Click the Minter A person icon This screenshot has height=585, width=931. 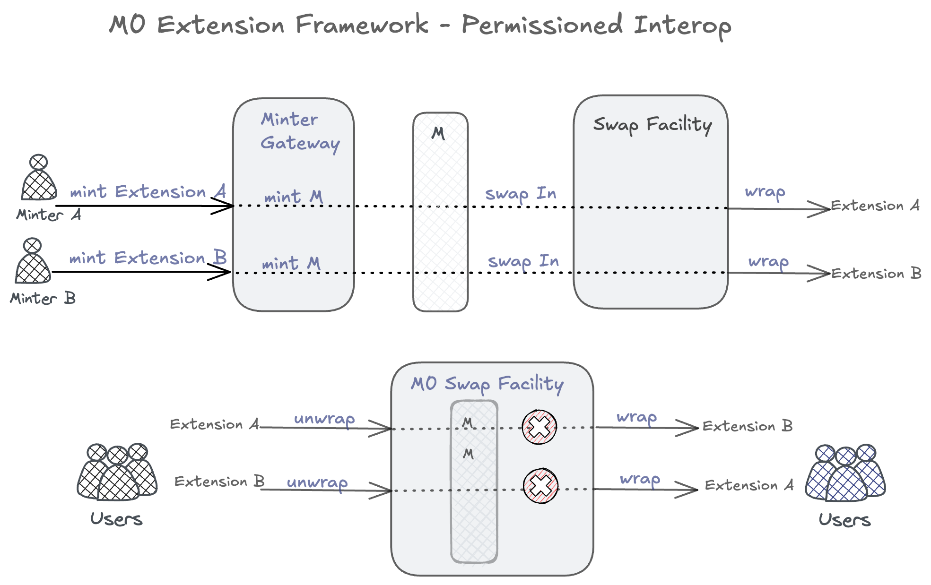39,178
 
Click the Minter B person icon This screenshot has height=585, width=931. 33,262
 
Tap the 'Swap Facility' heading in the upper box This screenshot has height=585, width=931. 652,125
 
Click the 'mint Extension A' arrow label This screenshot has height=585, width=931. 148,192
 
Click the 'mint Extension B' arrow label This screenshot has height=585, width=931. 148,258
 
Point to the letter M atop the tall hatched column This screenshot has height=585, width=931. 438,134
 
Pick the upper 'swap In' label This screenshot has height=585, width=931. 521,194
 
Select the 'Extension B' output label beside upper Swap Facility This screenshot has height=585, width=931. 876,274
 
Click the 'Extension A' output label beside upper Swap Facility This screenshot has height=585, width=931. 875,206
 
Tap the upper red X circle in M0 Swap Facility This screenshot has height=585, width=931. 539,427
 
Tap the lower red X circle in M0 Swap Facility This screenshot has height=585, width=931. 541,486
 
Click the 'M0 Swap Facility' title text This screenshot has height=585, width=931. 487,384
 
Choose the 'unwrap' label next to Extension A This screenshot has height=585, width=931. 324,419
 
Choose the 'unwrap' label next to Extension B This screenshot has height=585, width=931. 317,482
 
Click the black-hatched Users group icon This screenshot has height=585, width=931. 117,473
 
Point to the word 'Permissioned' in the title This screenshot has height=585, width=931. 542,25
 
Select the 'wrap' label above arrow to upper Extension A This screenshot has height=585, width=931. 765,192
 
